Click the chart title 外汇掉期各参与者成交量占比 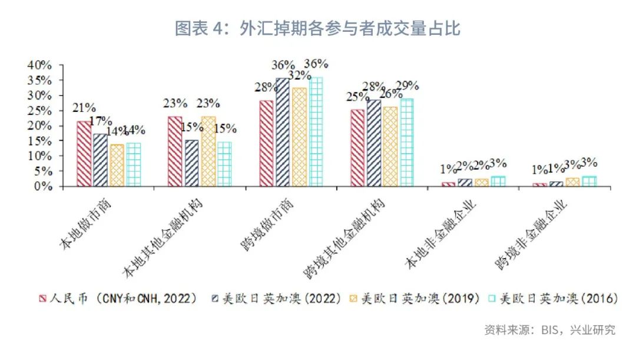317,28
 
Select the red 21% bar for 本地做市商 84,154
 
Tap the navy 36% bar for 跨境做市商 283,133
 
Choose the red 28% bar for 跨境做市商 266,143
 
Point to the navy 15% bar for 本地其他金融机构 192,163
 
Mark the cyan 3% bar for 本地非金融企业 498,181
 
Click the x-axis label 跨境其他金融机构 347,242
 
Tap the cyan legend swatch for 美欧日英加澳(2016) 492,299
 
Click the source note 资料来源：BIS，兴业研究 549,329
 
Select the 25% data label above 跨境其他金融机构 359,96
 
